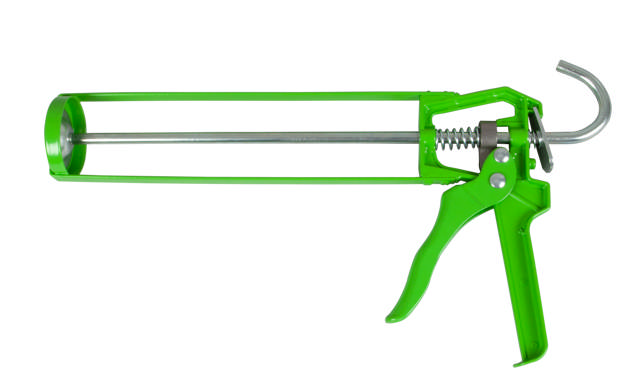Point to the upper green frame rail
[240, 98]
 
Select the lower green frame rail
[240, 179]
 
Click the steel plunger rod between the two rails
[250, 137]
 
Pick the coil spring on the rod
[454, 138]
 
